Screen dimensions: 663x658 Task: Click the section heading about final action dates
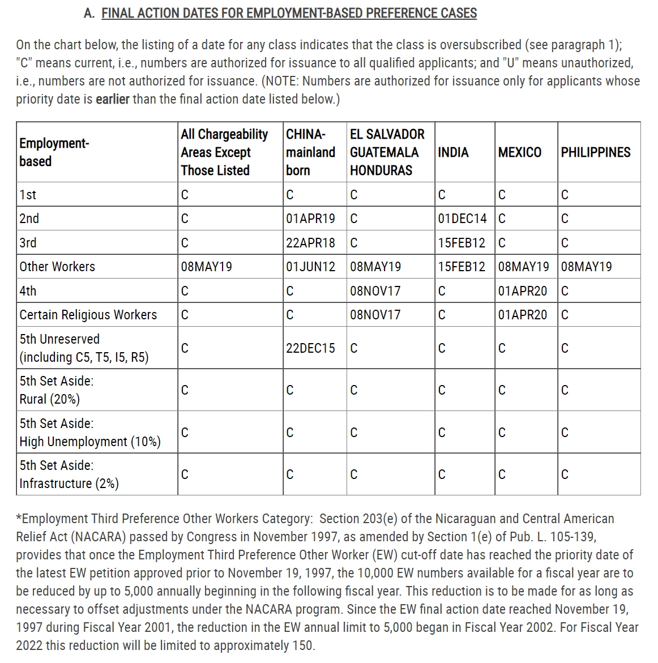click(x=289, y=13)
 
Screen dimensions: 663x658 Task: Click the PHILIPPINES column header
click(x=595, y=152)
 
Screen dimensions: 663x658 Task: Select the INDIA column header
click(x=453, y=152)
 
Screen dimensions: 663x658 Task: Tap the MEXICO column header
click(x=519, y=152)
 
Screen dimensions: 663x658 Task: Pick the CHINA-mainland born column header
click(x=310, y=152)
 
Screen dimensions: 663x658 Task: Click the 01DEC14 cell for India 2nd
click(x=462, y=219)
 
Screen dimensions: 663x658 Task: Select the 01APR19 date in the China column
click(x=310, y=219)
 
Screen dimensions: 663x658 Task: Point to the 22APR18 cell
click(x=310, y=243)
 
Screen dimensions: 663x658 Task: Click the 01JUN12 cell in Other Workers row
click(x=310, y=267)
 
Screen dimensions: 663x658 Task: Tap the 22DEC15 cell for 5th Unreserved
click(x=310, y=348)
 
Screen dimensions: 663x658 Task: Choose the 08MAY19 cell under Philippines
click(x=586, y=267)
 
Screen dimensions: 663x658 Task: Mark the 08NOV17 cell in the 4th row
click(x=375, y=291)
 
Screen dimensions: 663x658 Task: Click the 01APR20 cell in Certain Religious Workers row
click(x=523, y=315)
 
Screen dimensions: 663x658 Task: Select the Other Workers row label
click(x=57, y=267)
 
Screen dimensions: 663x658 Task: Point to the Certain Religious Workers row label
click(x=88, y=315)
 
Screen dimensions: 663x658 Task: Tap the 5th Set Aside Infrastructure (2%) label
click(x=69, y=474)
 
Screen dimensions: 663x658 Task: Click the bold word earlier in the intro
click(x=112, y=99)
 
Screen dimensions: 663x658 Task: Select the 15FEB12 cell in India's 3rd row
click(x=462, y=243)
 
